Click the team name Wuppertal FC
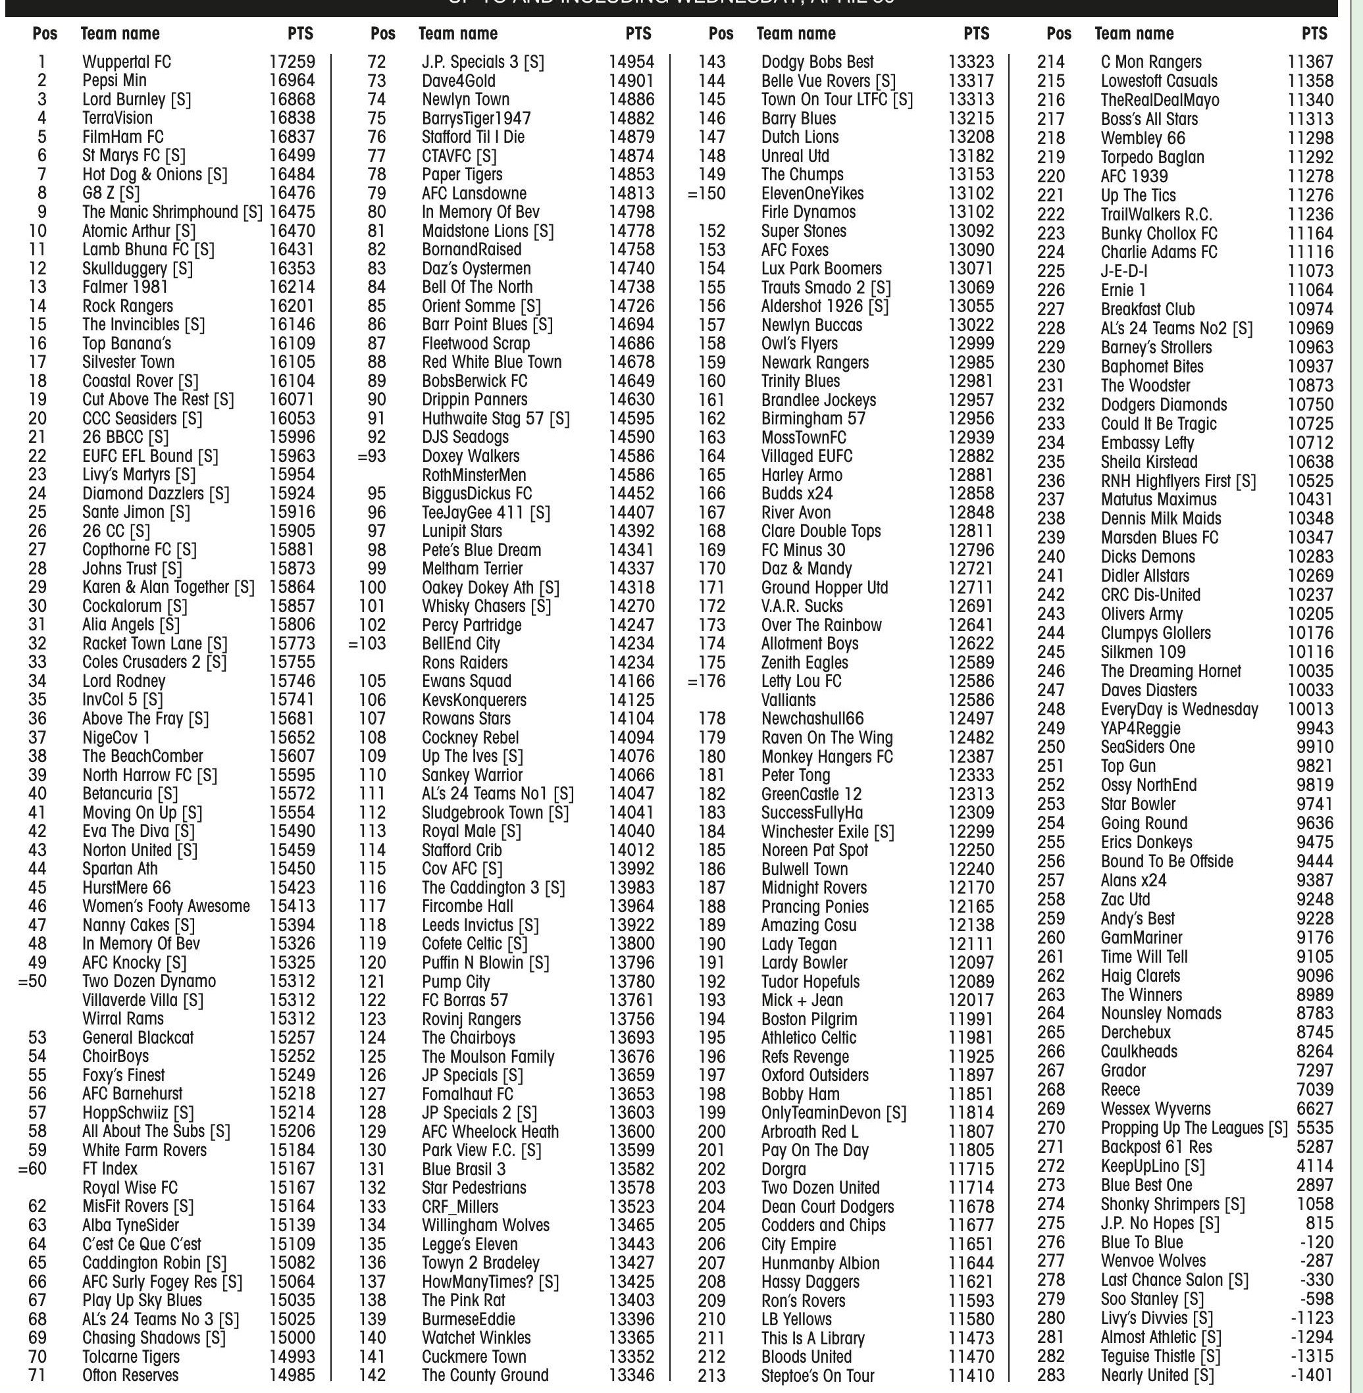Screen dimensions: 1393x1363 pos(127,63)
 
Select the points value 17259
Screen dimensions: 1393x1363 pos(292,63)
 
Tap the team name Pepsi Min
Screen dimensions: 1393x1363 pos(115,81)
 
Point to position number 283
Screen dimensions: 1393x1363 pos(1051,1375)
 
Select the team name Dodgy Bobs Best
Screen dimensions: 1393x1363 pos(817,63)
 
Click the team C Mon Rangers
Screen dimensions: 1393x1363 pos(1151,63)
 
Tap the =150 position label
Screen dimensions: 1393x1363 pos(707,193)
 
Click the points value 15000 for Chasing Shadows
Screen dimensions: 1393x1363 pos(292,1337)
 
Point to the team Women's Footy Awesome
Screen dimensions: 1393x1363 pos(166,906)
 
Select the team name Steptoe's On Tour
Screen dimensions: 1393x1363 pos(817,1375)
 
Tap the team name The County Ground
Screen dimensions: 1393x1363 pos(484,1375)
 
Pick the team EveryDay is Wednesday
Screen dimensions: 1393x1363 pos(1179,709)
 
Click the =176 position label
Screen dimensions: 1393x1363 pos(707,682)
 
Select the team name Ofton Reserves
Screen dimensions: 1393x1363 pos(130,1375)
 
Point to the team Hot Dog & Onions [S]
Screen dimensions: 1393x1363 pos(155,174)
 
